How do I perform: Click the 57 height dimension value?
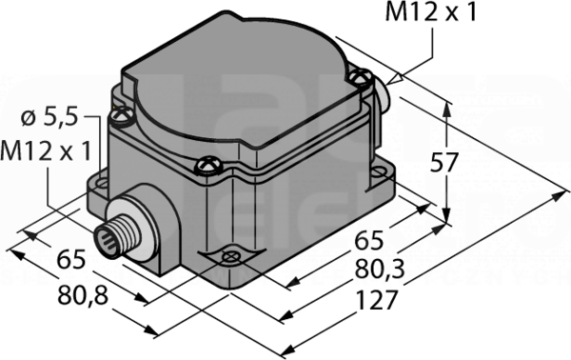coord(443,163)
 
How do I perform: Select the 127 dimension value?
coord(377,301)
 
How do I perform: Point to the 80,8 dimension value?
coord(84,296)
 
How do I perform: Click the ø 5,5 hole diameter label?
coord(49,118)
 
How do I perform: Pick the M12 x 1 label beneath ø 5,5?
coord(46,151)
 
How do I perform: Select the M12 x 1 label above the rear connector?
coord(431,12)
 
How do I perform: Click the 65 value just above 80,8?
coord(71,259)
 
